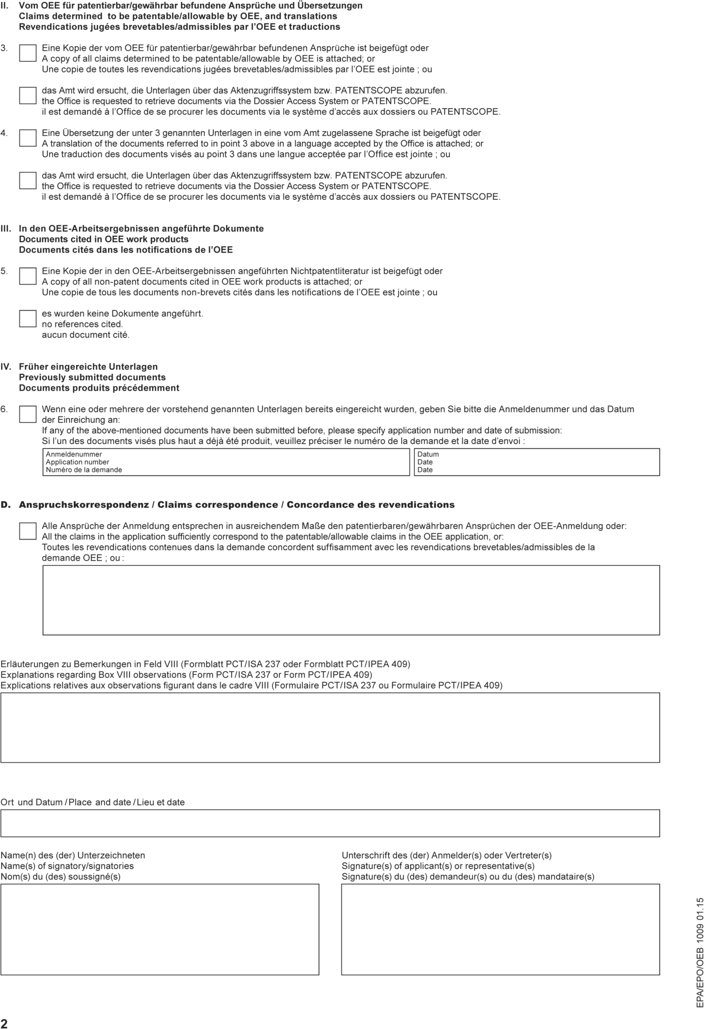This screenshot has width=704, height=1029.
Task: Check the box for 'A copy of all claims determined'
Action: click(x=28, y=53)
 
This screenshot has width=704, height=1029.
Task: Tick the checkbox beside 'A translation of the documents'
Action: click(x=28, y=138)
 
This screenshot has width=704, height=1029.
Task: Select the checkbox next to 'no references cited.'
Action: click(x=28, y=318)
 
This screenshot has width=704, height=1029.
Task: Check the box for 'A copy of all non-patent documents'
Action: click(x=28, y=276)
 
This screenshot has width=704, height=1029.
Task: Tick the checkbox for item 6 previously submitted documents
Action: click(x=28, y=414)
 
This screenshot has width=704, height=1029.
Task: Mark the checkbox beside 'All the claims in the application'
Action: click(x=28, y=531)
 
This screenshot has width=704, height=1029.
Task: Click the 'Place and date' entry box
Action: click(x=330, y=823)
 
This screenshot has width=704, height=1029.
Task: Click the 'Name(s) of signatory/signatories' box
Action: click(x=160, y=929)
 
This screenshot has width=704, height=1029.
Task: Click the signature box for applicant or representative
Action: click(x=501, y=929)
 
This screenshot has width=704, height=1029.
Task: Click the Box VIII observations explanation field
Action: click(x=330, y=727)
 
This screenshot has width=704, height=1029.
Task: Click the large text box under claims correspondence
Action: click(x=351, y=600)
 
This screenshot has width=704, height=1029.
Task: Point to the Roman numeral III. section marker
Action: click(x=6, y=228)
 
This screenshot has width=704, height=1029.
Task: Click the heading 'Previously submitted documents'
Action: click(x=92, y=377)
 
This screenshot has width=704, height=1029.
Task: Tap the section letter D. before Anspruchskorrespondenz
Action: click(x=5, y=505)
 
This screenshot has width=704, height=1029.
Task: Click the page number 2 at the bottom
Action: click(x=4, y=1023)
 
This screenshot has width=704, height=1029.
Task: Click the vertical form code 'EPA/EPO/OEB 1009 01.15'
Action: click(x=700, y=953)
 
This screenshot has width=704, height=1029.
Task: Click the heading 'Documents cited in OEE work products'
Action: click(x=104, y=239)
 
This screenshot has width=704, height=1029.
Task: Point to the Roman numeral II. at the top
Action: click(x=4, y=6)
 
